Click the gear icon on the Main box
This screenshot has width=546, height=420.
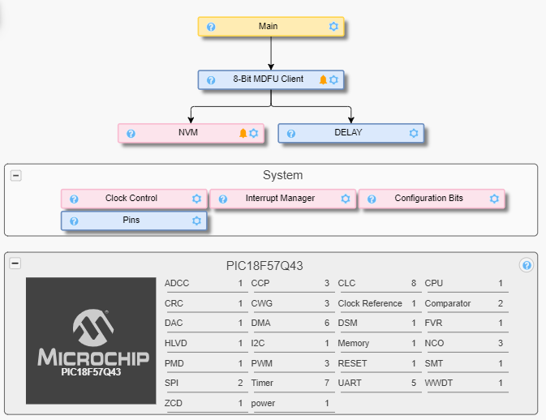333,27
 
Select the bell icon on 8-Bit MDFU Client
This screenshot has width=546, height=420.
323,79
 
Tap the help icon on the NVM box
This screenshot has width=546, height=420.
131,133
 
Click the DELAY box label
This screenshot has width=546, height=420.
348,133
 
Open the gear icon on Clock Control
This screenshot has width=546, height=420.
196,199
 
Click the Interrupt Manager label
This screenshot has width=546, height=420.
280,199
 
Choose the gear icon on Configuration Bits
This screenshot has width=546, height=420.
494,199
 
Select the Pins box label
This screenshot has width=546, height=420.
131,221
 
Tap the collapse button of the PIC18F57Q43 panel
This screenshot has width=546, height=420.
15,264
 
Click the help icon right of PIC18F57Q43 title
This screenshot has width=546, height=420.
527,265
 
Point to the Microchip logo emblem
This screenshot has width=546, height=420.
90,328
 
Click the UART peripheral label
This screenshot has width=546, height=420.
350,383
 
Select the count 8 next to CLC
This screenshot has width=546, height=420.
413,284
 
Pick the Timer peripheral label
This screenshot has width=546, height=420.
262,383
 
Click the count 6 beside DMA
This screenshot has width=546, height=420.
327,324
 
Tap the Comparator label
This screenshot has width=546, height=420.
447,304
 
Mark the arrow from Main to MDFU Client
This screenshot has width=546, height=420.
271,53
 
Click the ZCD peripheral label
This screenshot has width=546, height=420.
174,403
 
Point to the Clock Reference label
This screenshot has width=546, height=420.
370,304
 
